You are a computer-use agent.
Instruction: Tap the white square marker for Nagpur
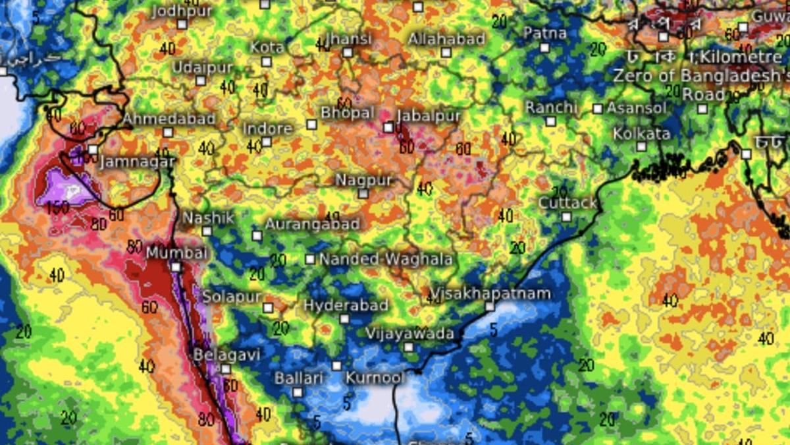363,194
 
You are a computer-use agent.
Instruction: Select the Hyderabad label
335,305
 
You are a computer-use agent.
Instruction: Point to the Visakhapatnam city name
490,293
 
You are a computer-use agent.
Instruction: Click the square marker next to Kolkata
641,146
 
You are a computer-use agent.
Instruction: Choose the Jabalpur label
429,115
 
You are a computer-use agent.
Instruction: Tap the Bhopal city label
347,113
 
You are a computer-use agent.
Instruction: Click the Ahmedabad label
169,119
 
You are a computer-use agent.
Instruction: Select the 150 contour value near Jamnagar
59,208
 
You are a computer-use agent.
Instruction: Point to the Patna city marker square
545,47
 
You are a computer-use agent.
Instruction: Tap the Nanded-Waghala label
386,259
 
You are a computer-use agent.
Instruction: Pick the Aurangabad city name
312,224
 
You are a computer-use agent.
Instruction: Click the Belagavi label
226,355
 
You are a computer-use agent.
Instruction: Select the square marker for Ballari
298,392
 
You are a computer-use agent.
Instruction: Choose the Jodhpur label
182,11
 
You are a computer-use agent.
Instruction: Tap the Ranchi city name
551,107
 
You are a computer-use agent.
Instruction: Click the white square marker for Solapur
268,308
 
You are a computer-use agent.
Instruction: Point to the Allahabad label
446,39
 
